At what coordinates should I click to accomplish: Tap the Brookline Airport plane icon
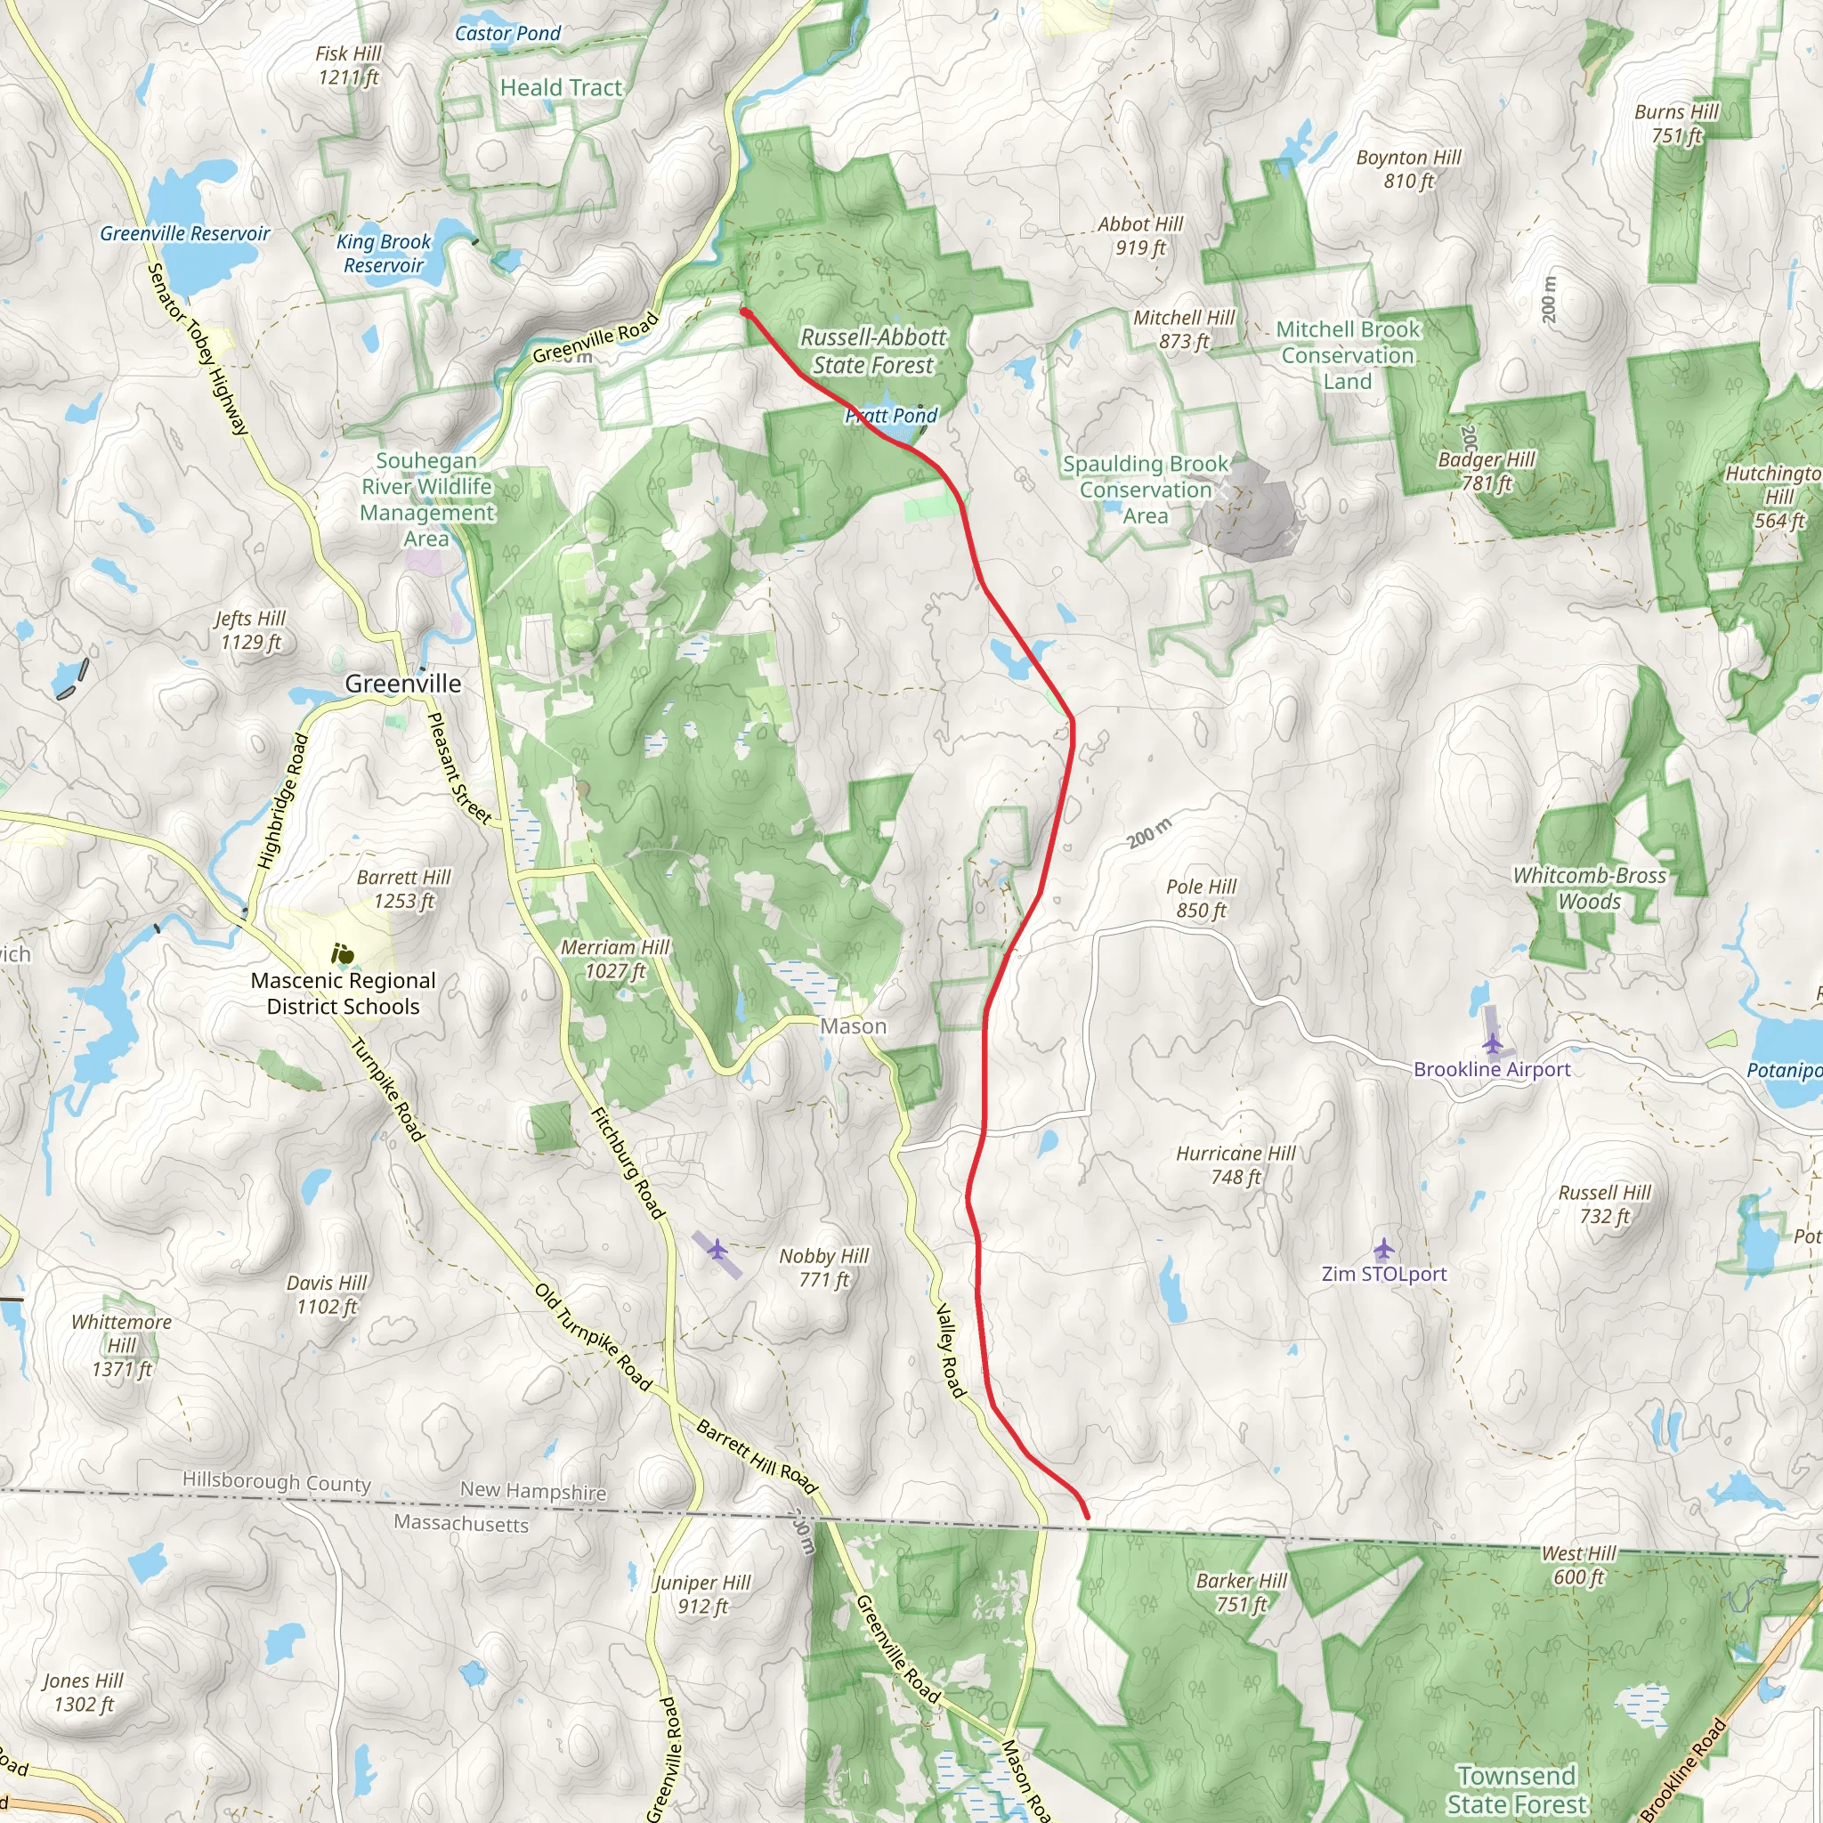[1492, 1043]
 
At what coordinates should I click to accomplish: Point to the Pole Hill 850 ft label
[1200, 898]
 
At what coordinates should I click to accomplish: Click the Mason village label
[853, 1025]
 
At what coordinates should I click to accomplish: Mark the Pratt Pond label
[891, 415]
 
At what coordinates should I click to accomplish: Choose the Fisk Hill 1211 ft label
[348, 65]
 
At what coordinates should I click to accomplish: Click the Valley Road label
[949, 1350]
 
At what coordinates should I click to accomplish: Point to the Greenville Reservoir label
[185, 233]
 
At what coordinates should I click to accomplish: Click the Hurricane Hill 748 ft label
[1236, 1164]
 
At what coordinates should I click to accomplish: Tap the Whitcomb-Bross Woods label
[1589, 887]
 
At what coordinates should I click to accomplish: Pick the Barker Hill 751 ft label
[1241, 1592]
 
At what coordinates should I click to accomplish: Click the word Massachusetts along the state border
[461, 1522]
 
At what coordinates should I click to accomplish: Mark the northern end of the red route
[744, 312]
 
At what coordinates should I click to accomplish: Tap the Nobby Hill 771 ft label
[823, 1268]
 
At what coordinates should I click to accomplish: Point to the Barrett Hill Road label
[757, 1457]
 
